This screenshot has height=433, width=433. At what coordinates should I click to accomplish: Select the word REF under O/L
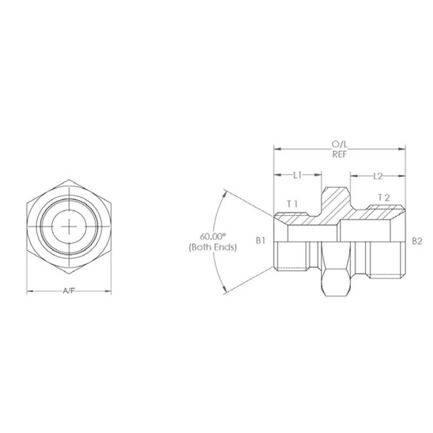coord(340,155)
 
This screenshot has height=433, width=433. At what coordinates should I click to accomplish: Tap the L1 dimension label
coord(297,176)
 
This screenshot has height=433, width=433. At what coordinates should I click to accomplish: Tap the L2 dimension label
coord(379,176)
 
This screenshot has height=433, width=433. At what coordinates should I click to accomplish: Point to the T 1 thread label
coord(292,203)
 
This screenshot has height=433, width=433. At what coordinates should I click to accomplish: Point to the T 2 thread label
coord(384,197)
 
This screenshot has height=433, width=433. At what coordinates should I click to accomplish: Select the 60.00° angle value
coord(213,236)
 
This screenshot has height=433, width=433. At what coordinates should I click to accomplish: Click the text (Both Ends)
coord(213,247)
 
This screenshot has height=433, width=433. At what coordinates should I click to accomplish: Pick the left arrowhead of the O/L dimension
coord(276,149)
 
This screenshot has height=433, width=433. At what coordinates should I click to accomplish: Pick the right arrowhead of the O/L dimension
coord(403,149)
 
